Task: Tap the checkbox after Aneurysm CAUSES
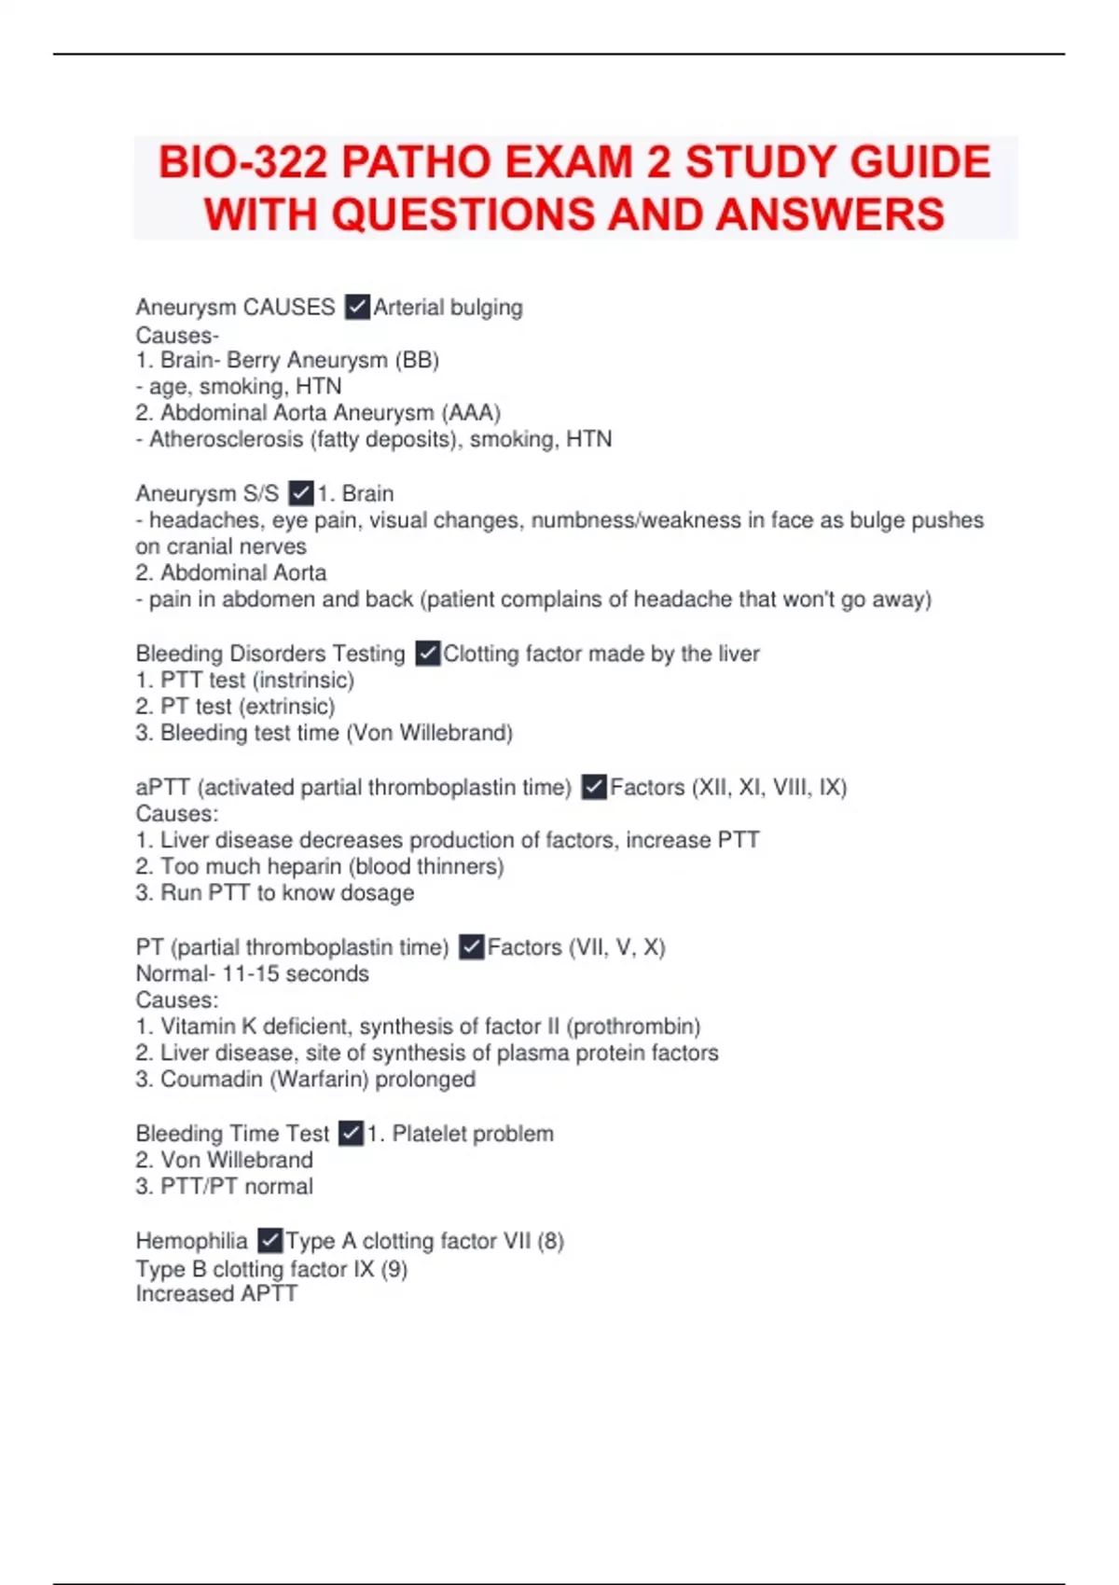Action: pyautogui.click(x=357, y=307)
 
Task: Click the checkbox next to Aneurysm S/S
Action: pyautogui.click(x=301, y=492)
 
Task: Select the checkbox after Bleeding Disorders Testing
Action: pyautogui.click(x=427, y=654)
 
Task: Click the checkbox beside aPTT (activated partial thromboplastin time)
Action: pyautogui.click(x=594, y=787)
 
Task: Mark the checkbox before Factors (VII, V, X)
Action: pyautogui.click(x=472, y=947)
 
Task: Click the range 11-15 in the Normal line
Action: pyautogui.click(x=251, y=973)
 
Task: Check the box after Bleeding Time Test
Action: pyautogui.click(x=351, y=1133)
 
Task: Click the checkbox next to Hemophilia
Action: pyautogui.click(x=269, y=1240)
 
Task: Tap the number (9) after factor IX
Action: pyautogui.click(x=394, y=1269)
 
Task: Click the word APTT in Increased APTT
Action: pyautogui.click(x=269, y=1293)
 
